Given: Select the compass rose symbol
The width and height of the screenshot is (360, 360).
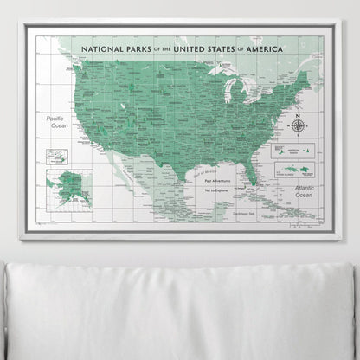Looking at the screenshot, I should point(299,125).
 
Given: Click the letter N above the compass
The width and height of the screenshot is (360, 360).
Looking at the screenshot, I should point(299,114).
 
